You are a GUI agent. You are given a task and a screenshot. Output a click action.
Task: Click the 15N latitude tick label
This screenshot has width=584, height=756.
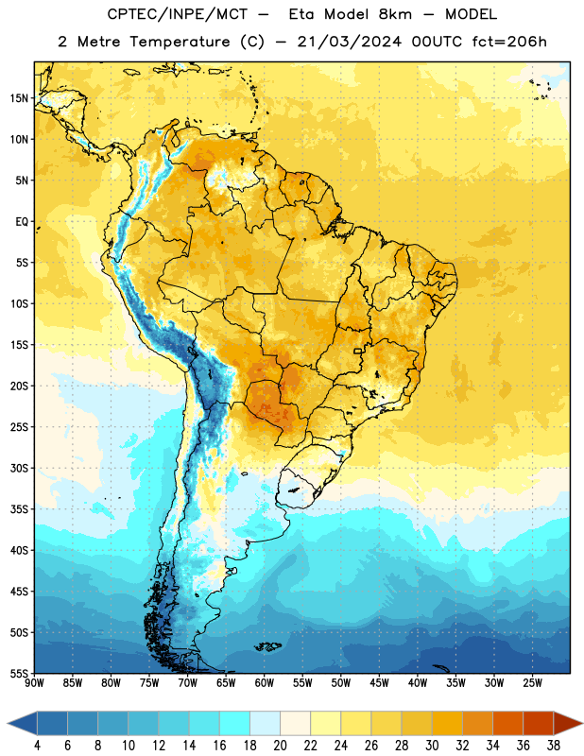click(x=19, y=98)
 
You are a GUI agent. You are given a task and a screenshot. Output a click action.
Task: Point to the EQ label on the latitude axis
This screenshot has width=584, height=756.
click(x=22, y=222)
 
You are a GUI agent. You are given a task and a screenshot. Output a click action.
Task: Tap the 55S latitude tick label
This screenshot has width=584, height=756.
click(x=19, y=674)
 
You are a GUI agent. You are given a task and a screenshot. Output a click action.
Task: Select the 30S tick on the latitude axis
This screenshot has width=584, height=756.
click(x=19, y=468)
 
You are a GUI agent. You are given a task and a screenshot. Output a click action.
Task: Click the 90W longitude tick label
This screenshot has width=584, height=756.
click(x=34, y=683)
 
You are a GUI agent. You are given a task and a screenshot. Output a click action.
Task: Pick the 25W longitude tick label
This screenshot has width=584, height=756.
click(x=532, y=683)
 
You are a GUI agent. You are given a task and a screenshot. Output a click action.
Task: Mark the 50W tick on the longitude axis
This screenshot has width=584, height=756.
click(x=341, y=683)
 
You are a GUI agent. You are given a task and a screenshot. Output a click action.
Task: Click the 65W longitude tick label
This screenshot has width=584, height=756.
click(x=226, y=683)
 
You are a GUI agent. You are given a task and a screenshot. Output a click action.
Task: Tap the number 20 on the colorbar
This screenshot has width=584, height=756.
click(x=280, y=746)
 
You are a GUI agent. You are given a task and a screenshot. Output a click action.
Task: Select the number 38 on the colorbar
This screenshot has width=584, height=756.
click(x=554, y=746)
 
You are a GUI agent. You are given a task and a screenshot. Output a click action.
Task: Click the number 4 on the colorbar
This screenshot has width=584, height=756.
click(x=37, y=746)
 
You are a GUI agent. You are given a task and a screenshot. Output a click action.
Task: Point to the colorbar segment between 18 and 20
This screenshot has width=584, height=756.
click(x=266, y=723)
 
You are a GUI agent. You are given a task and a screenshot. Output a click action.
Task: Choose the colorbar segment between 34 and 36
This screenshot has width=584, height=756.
click(x=508, y=723)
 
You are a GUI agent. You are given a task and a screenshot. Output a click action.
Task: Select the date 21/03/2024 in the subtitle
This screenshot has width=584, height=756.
click(x=349, y=42)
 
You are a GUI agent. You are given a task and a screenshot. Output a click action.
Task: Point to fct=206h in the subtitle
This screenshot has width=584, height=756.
click(x=509, y=42)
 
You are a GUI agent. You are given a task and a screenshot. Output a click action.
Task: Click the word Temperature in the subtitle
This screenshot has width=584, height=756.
click(x=180, y=43)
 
